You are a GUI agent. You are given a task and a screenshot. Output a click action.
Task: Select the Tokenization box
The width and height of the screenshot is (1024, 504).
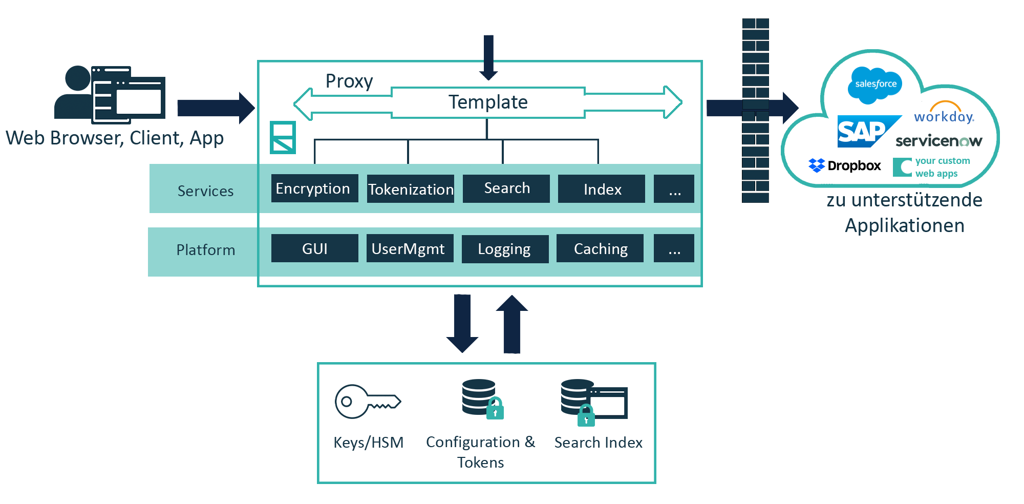click(x=411, y=189)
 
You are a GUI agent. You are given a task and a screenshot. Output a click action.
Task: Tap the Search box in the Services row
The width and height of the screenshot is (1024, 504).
click(x=506, y=188)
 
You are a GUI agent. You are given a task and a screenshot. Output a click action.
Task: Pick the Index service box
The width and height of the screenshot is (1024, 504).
click(x=602, y=189)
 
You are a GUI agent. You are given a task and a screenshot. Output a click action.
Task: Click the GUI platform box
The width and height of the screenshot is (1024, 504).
click(x=314, y=248)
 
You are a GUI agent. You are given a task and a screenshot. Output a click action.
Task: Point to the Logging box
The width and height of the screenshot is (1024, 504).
click(x=505, y=249)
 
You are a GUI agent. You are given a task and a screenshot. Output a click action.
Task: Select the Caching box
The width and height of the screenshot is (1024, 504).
click(x=600, y=248)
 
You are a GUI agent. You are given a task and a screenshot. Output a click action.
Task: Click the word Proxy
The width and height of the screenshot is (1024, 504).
click(x=349, y=81)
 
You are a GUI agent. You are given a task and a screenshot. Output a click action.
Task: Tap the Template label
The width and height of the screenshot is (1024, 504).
click(x=488, y=102)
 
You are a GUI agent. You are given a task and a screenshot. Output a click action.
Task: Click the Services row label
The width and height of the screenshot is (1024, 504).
click(x=205, y=191)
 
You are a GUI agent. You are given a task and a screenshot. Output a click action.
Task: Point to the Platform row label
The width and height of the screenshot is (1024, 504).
click(x=205, y=250)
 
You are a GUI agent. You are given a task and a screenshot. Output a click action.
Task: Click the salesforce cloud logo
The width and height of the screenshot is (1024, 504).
click(x=875, y=83)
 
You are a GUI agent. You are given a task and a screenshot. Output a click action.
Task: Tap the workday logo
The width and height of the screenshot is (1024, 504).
click(x=944, y=113)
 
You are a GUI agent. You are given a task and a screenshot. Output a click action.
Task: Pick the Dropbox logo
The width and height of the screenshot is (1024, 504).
click(x=845, y=165)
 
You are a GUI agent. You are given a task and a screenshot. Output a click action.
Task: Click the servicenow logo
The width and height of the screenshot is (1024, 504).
click(x=938, y=141)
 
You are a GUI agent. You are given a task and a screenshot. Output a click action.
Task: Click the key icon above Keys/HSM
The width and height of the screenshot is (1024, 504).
click(x=367, y=401)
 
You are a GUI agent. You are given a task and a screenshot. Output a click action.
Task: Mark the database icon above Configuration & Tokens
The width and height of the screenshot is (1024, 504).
click(x=479, y=397)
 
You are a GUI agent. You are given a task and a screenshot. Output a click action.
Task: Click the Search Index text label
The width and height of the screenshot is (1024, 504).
click(x=598, y=443)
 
